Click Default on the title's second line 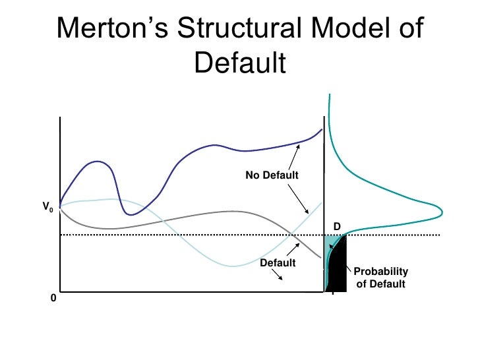click(240, 64)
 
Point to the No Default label click(272, 175)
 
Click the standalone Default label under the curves click(277, 263)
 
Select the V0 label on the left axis click(47, 208)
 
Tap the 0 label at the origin click(53, 299)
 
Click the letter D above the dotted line click(336, 226)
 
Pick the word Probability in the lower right click(381, 272)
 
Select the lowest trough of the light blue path click(231, 266)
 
